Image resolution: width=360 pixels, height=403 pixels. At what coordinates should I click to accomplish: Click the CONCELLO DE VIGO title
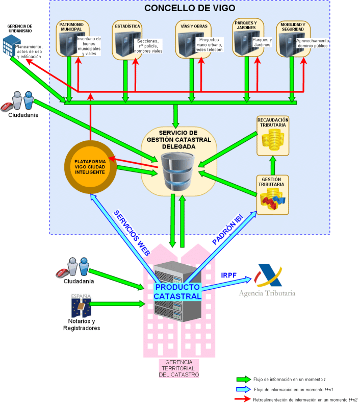(189, 8)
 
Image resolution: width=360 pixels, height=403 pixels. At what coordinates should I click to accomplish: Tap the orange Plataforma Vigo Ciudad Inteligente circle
(90, 166)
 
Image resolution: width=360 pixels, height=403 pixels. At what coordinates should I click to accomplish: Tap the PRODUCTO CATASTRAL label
(177, 291)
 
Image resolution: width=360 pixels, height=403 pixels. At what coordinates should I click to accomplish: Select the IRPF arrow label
(228, 275)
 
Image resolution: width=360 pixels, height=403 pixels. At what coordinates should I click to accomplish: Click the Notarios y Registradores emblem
(81, 305)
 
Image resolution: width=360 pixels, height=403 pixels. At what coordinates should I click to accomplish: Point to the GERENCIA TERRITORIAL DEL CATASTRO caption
(178, 368)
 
